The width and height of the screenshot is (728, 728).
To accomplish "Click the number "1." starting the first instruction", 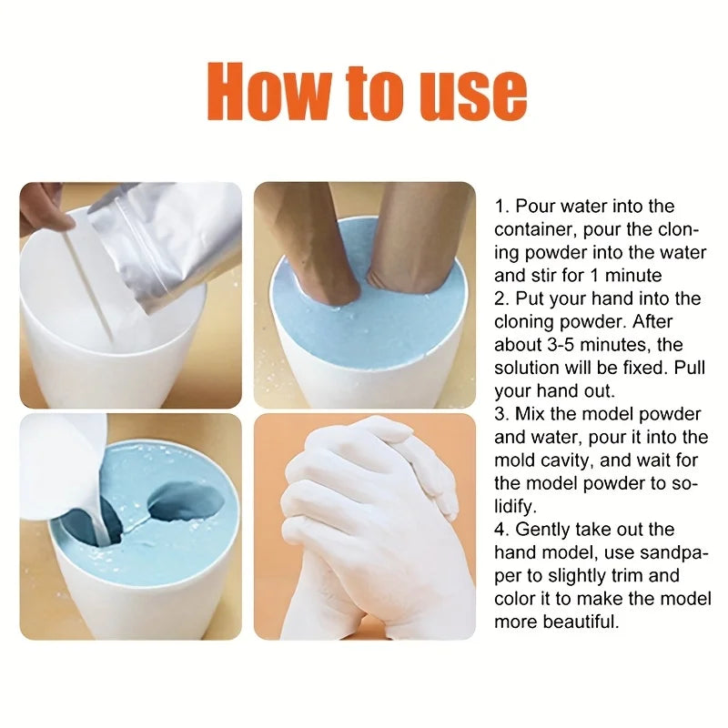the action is [502, 207].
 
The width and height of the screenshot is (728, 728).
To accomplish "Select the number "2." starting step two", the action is [502, 298].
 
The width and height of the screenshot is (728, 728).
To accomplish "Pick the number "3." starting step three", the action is [502, 414].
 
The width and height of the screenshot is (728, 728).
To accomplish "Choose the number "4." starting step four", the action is [502, 530].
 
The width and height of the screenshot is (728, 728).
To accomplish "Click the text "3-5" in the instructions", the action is [558, 345].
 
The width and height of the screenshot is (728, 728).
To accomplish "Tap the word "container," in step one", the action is [533, 230].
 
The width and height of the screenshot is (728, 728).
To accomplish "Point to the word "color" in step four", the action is [514, 599].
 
